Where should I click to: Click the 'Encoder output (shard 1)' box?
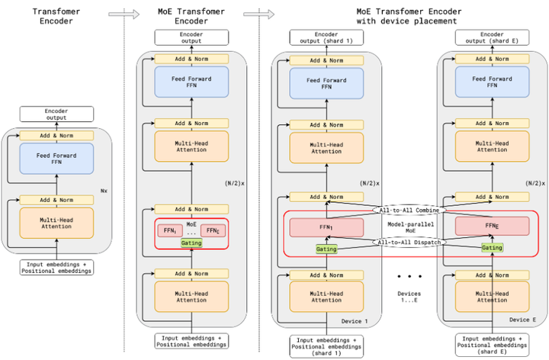click(x=326, y=37)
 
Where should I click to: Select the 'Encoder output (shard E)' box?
click(x=492, y=37)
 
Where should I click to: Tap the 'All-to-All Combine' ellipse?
click(x=409, y=210)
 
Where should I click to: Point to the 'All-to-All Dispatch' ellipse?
click(x=409, y=242)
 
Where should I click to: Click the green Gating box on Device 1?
click(x=326, y=249)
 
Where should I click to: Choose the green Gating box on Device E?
click(x=492, y=248)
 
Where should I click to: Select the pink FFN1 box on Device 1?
click(x=326, y=227)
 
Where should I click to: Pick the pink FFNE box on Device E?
click(x=492, y=226)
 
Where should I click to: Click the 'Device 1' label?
click(x=355, y=321)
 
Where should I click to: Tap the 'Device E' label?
click(x=522, y=320)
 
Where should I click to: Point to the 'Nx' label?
click(x=104, y=191)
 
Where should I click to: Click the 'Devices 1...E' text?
click(x=409, y=297)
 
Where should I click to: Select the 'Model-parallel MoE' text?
click(x=410, y=227)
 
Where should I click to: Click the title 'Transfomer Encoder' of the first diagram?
click(x=56, y=16)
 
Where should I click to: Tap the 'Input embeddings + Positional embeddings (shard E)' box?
click(x=492, y=345)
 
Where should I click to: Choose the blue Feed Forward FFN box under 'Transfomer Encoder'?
click(x=56, y=159)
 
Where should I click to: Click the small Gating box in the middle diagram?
click(x=191, y=243)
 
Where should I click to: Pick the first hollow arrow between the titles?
click(x=124, y=14)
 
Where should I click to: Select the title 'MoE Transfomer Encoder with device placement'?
click(x=409, y=16)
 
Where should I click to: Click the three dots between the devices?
click(x=409, y=276)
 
